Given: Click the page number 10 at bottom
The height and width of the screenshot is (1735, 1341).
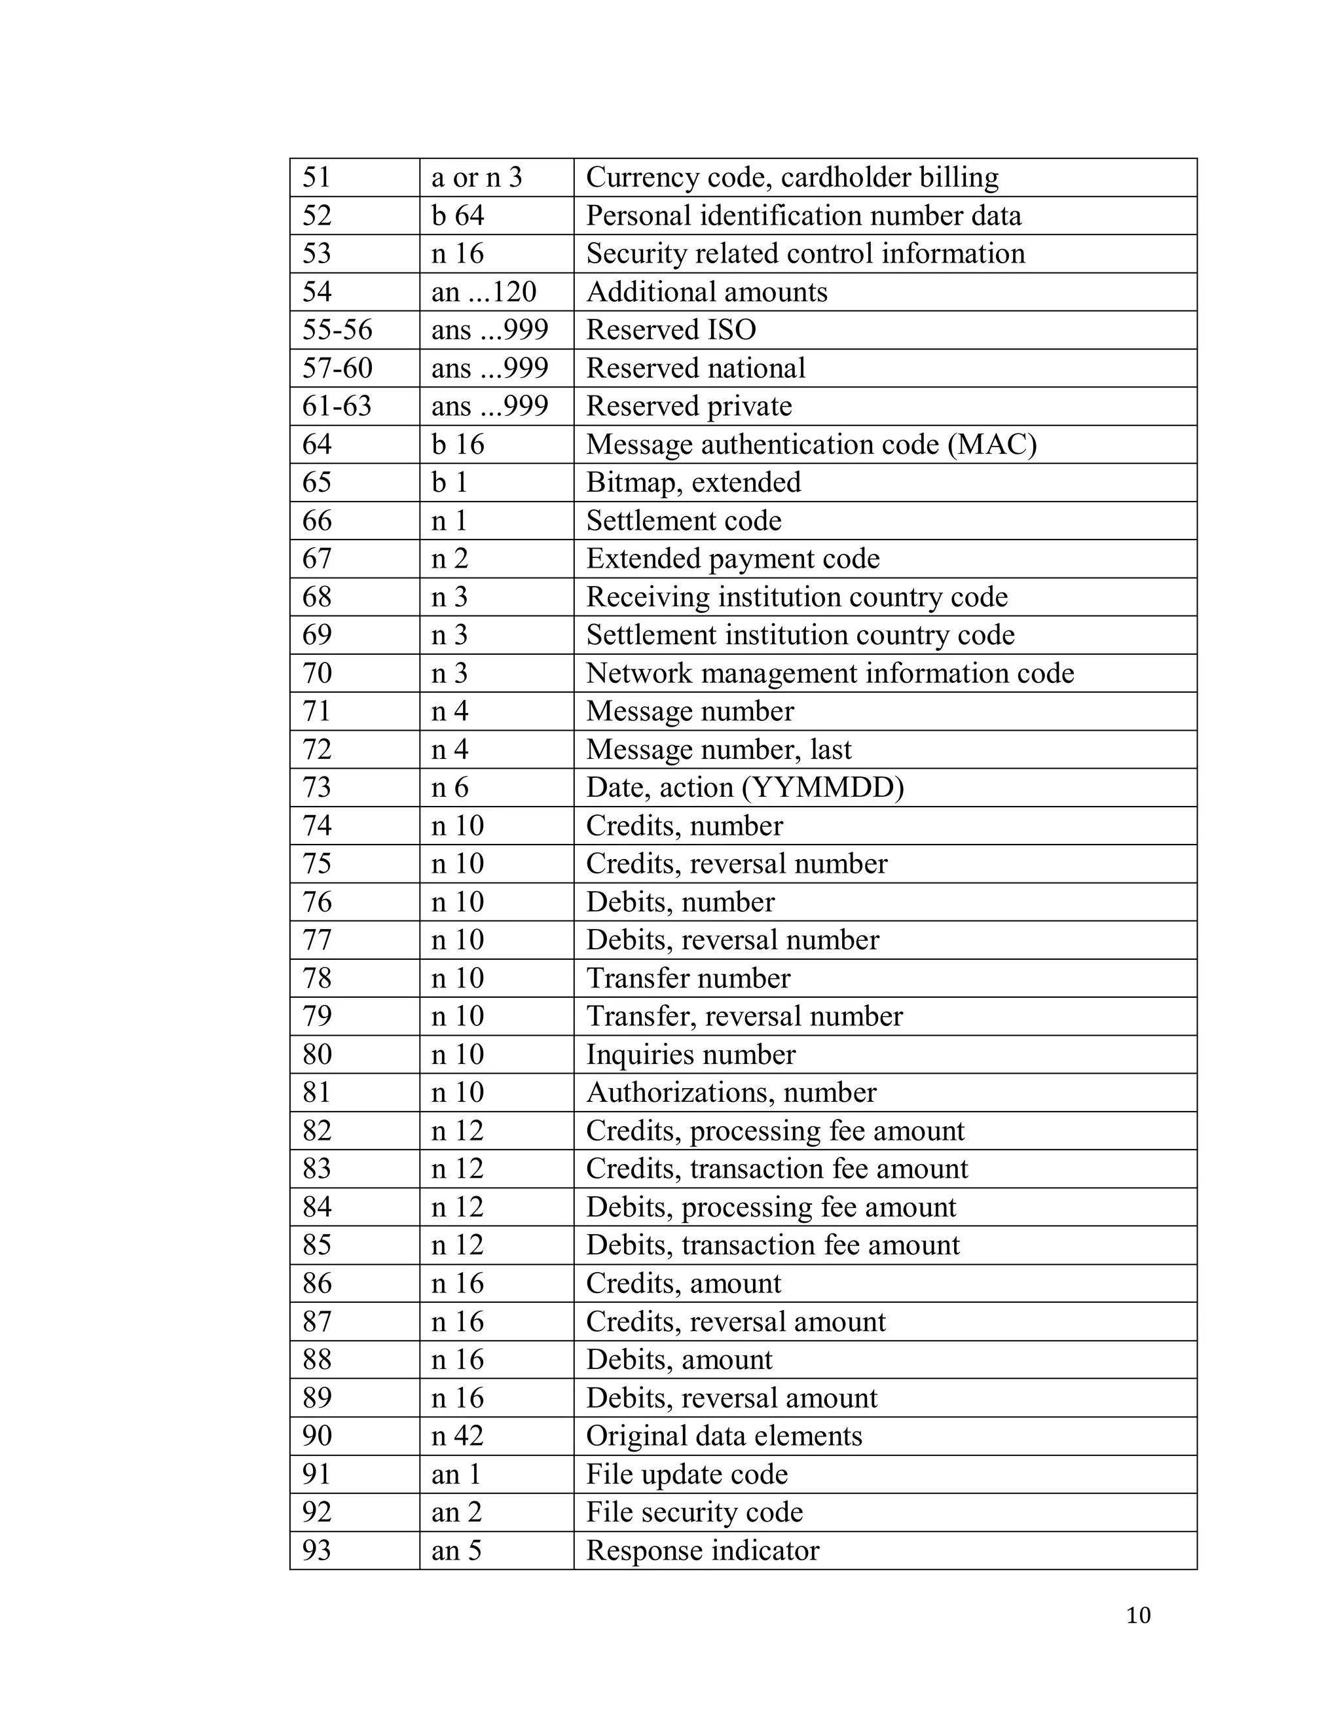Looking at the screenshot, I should point(1137,1615).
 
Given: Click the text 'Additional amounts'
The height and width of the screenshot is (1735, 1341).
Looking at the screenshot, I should point(707,291).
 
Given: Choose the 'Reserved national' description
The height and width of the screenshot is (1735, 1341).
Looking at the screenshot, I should point(695,368).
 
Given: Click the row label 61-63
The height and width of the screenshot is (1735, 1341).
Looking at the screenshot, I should point(337,406).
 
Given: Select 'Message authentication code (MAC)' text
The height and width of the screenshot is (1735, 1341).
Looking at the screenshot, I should point(811,444).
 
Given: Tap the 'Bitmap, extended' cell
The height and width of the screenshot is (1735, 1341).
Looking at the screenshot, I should point(693,483).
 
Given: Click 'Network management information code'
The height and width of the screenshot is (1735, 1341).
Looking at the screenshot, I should point(830,673).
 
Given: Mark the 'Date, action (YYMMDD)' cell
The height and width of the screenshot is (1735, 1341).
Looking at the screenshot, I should point(744,787).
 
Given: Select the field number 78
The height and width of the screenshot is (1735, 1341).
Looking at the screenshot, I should point(316,978).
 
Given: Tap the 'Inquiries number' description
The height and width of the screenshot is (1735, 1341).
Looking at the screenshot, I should point(690,1054).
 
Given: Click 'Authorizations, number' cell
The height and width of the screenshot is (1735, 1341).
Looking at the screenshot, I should point(731,1092).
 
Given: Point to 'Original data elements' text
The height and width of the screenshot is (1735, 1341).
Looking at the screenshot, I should point(724,1436).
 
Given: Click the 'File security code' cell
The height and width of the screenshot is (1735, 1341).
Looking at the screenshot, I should point(694,1512).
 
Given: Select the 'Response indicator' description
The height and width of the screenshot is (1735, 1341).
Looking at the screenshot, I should point(703,1550).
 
